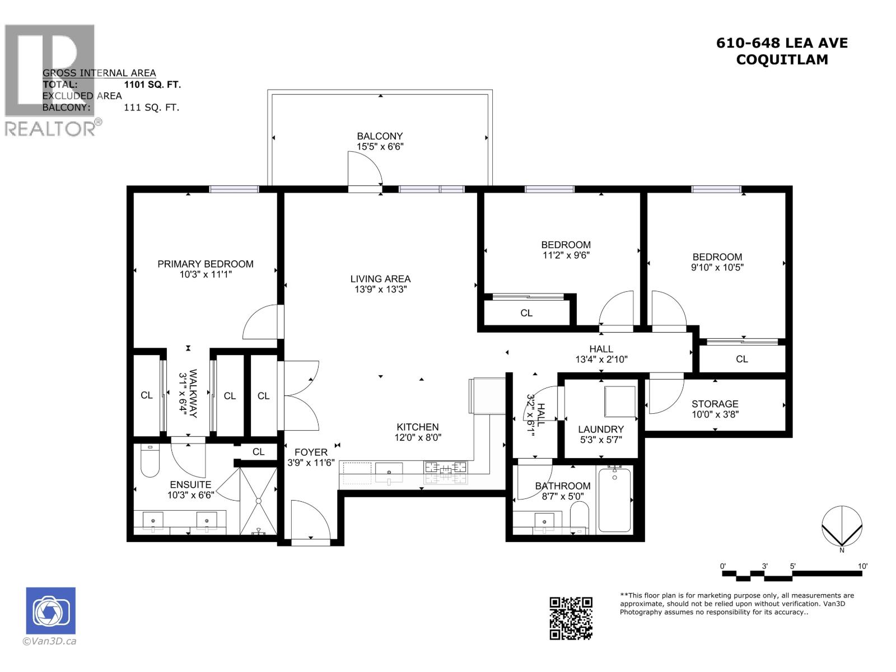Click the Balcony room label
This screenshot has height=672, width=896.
click(380, 136)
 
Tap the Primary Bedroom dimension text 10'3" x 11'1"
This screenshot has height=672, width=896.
click(205, 275)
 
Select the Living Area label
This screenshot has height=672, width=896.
click(380, 279)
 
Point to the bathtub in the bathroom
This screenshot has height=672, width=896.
click(614, 500)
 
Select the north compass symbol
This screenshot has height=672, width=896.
click(842, 526)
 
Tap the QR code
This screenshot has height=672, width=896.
click(571, 618)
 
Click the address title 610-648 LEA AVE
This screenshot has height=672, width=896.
click(782, 43)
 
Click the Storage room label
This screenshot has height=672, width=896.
click(715, 404)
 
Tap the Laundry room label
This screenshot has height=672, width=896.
click(600, 430)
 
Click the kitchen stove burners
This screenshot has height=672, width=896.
click(446, 472)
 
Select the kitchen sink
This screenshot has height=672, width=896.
click(389, 472)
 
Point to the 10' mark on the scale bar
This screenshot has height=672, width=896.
click(862, 567)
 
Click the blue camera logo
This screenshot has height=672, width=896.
click(50, 610)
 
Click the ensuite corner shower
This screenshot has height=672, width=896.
click(259, 501)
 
